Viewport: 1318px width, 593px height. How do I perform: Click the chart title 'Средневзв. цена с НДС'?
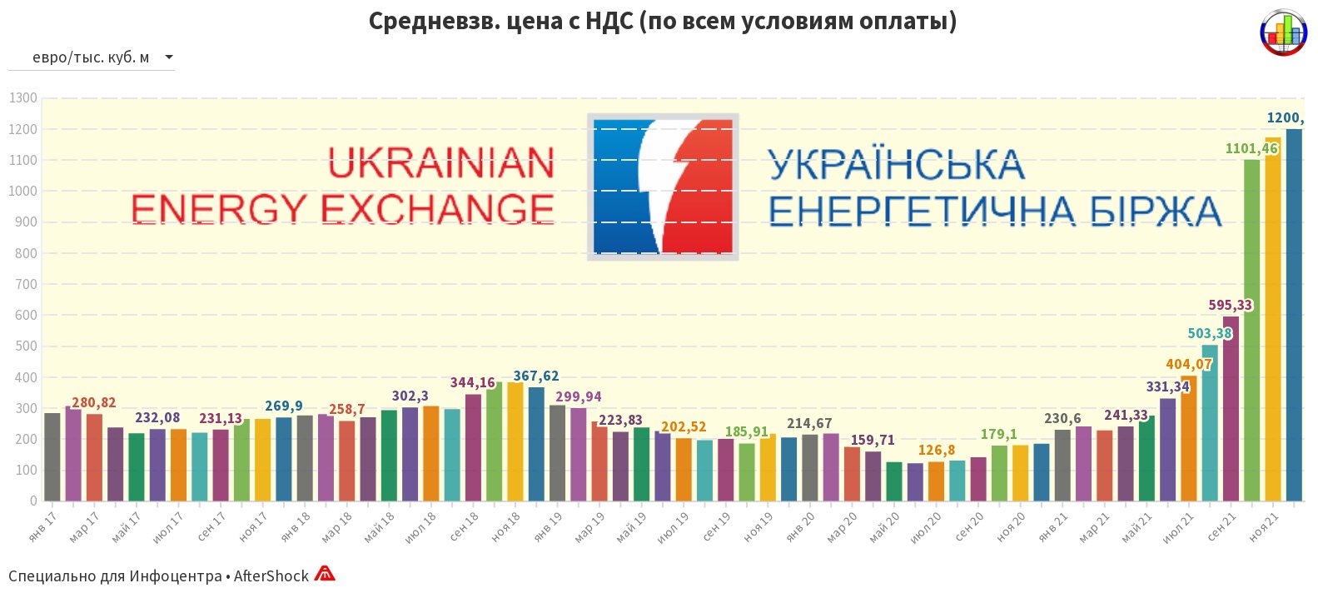click(662, 21)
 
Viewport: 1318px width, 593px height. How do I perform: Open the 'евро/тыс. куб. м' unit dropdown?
click(92, 57)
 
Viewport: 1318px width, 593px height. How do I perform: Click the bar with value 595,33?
click(1231, 408)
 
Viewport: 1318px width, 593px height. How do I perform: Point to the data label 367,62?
click(536, 376)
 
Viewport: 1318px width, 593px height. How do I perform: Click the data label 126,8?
click(937, 451)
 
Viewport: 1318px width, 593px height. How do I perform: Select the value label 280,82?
click(94, 403)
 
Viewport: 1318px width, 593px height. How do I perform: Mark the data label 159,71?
click(873, 440)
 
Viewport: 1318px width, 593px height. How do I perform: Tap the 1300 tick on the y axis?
click(23, 98)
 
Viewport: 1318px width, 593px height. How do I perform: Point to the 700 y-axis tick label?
click(27, 284)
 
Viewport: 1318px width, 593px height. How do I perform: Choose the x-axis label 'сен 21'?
click(1222, 527)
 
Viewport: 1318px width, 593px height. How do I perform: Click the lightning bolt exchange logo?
click(663, 187)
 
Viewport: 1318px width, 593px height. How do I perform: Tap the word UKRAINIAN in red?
click(440, 163)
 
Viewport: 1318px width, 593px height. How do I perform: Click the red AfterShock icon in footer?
click(325, 574)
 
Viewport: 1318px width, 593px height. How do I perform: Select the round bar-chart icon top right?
click(1284, 32)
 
